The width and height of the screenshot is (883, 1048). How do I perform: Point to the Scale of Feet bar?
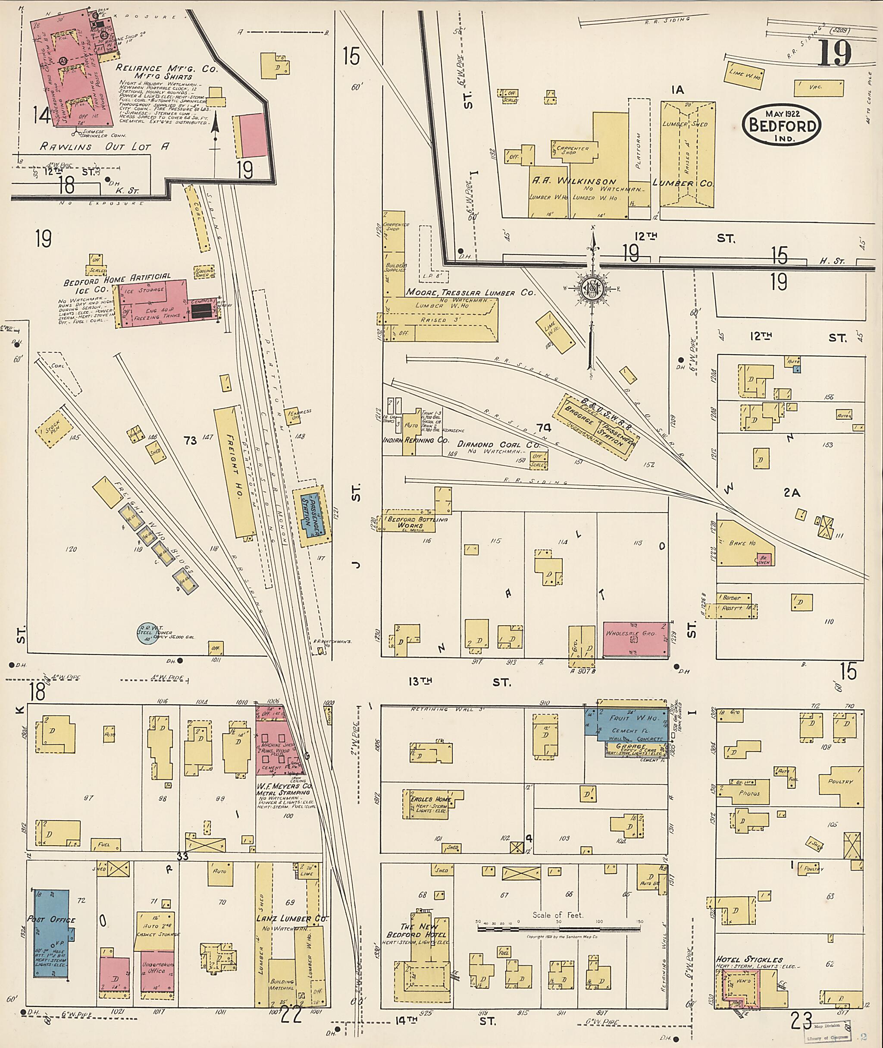pos(558,929)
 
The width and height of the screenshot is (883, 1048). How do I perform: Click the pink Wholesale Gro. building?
pos(635,639)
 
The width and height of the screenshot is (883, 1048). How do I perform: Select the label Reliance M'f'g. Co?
pos(167,69)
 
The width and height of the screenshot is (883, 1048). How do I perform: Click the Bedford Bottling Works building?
pos(410,522)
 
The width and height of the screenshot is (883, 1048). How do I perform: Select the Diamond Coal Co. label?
pos(499,444)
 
